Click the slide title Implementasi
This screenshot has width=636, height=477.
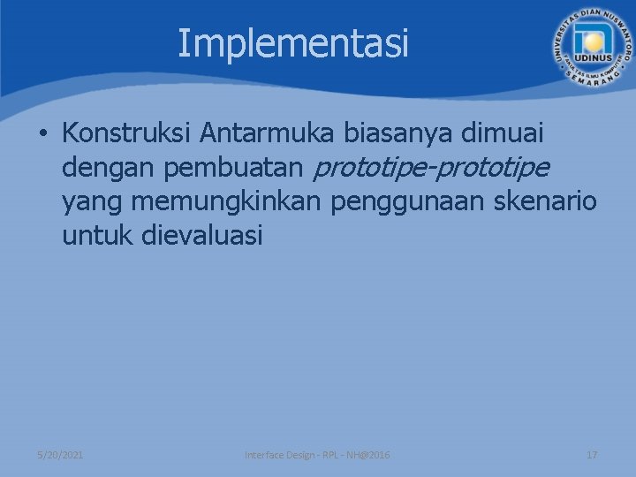tap(293, 42)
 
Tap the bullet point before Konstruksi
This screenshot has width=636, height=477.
tap(42, 134)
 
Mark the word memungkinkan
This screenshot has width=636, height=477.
tap(227, 202)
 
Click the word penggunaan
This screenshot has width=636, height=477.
tap(409, 202)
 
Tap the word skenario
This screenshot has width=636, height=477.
tap(546, 201)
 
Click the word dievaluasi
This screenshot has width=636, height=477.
tap(201, 236)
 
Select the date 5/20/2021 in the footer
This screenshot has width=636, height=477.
tap(61, 455)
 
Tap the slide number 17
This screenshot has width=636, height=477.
tap(592, 455)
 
